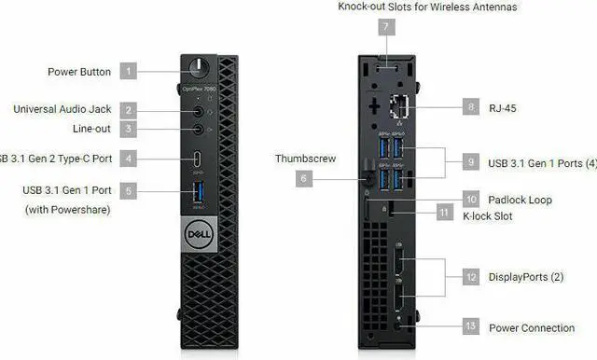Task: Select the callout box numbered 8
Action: [x=471, y=108]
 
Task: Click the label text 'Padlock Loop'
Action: [x=521, y=200]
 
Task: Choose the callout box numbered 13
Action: [x=471, y=327]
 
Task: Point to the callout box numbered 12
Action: [x=471, y=277]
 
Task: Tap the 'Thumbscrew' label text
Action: [x=305, y=159]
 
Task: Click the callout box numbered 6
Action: [x=305, y=177]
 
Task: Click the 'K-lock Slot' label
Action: [x=513, y=215]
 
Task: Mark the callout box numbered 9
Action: [x=471, y=163]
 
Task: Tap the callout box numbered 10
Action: [x=471, y=200]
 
